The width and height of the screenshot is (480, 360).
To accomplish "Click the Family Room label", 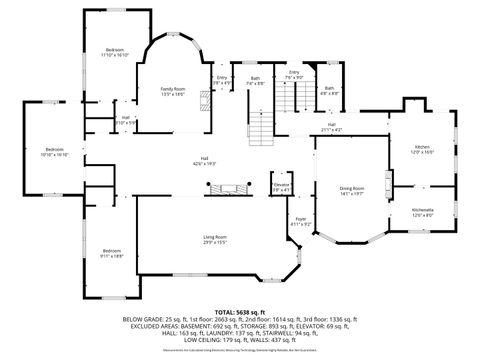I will click(174, 90).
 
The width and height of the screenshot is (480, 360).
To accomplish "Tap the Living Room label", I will click(215, 236).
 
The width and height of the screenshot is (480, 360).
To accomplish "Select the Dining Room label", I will click(351, 188).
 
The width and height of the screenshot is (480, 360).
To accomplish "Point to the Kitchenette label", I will click(423, 209).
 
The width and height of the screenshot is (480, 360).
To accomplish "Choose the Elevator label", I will click(281, 184).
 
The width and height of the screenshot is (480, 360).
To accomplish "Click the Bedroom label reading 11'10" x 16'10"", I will click(116, 50).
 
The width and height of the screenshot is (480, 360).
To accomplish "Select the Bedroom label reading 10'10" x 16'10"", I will click(53, 149).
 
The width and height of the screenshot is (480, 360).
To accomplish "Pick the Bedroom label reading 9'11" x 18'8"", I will click(111, 251).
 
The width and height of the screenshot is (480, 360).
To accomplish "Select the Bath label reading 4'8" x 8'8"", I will click(329, 88).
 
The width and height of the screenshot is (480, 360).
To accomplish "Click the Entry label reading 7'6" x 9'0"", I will click(294, 73).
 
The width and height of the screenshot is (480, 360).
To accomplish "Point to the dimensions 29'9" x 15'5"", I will click(215, 242).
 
